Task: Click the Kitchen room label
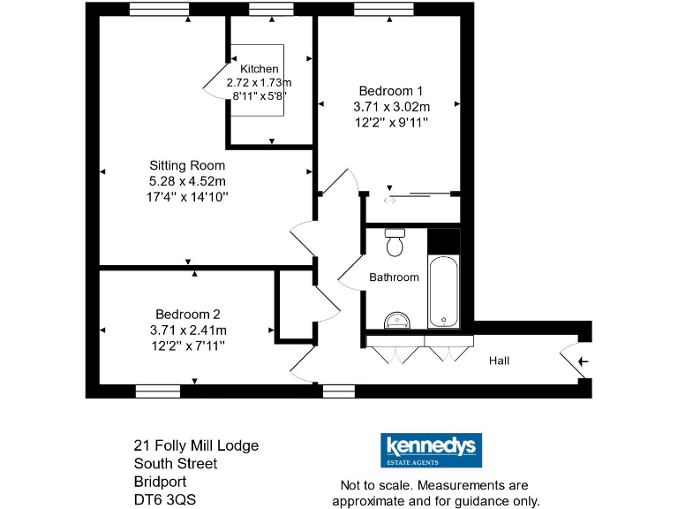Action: pos(259,69)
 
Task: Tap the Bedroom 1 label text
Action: pos(391,90)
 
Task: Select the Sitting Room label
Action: pos(187,165)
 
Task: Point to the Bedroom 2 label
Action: pos(187,314)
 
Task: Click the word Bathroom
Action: pos(394,277)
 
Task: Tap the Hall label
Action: pos(500,361)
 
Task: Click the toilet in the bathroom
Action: pos(395,239)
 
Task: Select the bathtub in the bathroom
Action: pos(443,292)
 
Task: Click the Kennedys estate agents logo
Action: pos(430,449)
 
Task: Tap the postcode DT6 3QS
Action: pos(165,499)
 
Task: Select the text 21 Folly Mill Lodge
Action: pos(196,445)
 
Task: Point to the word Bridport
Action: pos(160,482)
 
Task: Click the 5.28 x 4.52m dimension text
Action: pos(187,181)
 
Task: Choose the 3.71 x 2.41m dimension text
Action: pos(187,330)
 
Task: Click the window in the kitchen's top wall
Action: pos(272,9)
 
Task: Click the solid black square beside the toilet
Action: pos(444,241)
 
